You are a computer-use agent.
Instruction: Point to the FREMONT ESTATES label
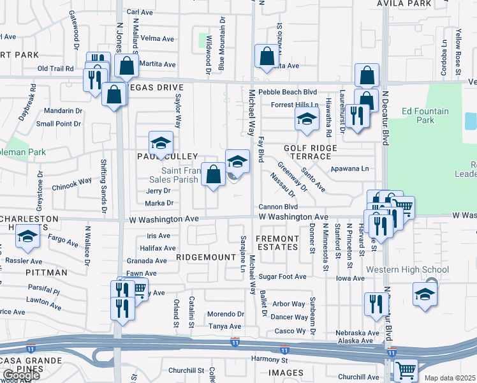[277, 243]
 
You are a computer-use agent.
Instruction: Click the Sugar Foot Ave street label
[283, 277]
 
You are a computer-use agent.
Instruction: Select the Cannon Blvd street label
[278, 207]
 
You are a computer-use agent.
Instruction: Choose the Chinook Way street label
[72, 181]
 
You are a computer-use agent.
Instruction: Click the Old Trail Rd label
[56, 68]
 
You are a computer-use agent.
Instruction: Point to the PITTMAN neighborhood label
[48, 273]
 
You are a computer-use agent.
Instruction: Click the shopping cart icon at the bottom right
[406, 370]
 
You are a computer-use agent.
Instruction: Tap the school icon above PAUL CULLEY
[161, 142]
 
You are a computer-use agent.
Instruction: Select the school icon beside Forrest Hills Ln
[307, 118]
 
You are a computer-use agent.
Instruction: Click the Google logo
[20, 375]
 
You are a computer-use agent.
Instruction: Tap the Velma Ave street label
[158, 39]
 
